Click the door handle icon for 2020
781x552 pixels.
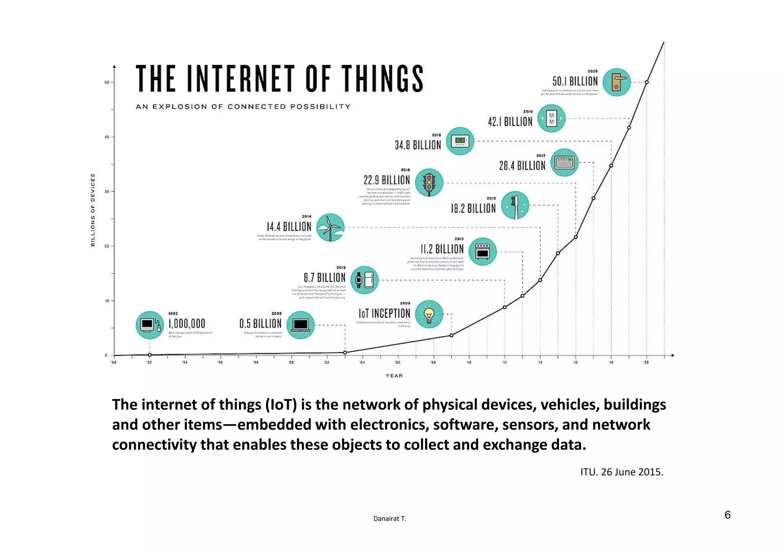pos(617,82)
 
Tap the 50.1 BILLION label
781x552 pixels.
pos(575,81)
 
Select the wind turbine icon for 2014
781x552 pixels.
pos(330,228)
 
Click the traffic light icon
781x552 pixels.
pos(429,183)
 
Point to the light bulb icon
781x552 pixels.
pos(429,315)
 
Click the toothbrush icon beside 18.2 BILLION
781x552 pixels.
pos(515,205)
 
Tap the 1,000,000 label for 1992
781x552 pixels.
pos(187,324)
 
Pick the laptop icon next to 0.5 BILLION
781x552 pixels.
pos(301,325)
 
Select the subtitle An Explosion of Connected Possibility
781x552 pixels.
pos(243,107)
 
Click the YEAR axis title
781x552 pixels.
pos(394,375)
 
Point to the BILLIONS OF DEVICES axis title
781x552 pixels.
pos(93,210)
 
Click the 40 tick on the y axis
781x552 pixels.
pos(107,137)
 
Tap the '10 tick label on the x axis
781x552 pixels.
pos(469,363)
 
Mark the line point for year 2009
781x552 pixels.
pos(452,335)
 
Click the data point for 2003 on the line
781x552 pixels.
pos(345,353)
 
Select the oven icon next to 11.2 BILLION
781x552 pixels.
pos(482,252)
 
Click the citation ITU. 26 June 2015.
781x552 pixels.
pos(622,472)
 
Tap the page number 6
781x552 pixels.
pos(727,515)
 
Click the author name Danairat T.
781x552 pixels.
pos(390,518)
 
